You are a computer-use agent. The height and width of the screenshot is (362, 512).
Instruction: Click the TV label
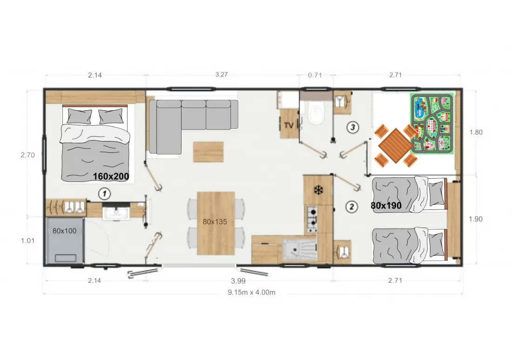(x=289, y=125)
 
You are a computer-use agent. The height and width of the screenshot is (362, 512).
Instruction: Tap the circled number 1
(x=104, y=194)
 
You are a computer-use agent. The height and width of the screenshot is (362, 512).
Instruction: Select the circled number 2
(x=352, y=206)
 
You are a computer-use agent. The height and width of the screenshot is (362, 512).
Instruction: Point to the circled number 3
(x=353, y=127)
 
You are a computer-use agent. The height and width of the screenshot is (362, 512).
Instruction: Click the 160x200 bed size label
(x=111, y=176)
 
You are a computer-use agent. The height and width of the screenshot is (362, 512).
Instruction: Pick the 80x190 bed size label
(x=386, y=205)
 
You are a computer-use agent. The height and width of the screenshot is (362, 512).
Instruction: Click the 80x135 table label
(x=215, y=221)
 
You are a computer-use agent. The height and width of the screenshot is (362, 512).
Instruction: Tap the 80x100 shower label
(x=64, y=231)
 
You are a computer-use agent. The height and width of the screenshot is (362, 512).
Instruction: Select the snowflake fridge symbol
(x=318, y=190)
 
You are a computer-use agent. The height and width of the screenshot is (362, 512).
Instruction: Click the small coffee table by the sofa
(x=209, y=152)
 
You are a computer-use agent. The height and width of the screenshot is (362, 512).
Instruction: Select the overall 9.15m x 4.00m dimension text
(x=251, y=292)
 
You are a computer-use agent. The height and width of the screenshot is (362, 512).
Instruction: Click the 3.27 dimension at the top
(x=222, y=74)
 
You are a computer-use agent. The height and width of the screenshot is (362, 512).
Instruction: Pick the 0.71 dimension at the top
(x=315, y=75)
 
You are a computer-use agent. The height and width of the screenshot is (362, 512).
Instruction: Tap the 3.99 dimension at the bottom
(x=238, y=281)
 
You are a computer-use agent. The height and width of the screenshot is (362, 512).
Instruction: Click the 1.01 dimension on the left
(x=28, y=241)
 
